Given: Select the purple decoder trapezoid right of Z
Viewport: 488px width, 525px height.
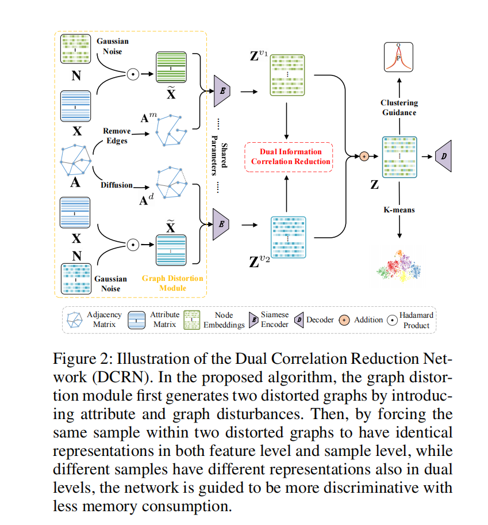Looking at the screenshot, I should coord(444,156).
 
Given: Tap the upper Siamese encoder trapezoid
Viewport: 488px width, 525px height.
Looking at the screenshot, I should coord(222,91).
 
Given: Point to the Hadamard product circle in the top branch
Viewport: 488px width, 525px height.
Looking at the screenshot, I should coord(132,74).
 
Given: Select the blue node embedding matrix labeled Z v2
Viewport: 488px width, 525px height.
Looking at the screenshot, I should coord(286,237).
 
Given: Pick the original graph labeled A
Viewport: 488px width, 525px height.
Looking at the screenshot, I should coord(76,161).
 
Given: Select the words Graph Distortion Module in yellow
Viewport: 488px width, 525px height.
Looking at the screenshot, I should coord(172,283).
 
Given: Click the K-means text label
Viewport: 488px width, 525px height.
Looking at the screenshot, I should coord(399,210).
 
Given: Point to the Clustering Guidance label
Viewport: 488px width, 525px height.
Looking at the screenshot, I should coord(399,108).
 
